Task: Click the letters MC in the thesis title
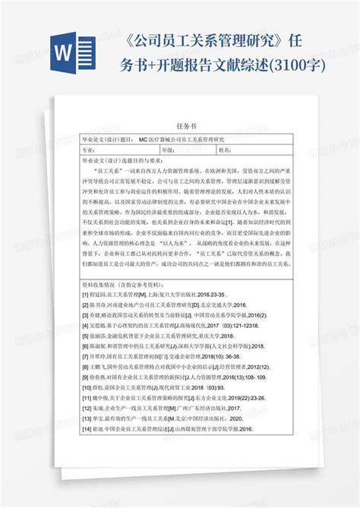[x=144, y=140]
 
